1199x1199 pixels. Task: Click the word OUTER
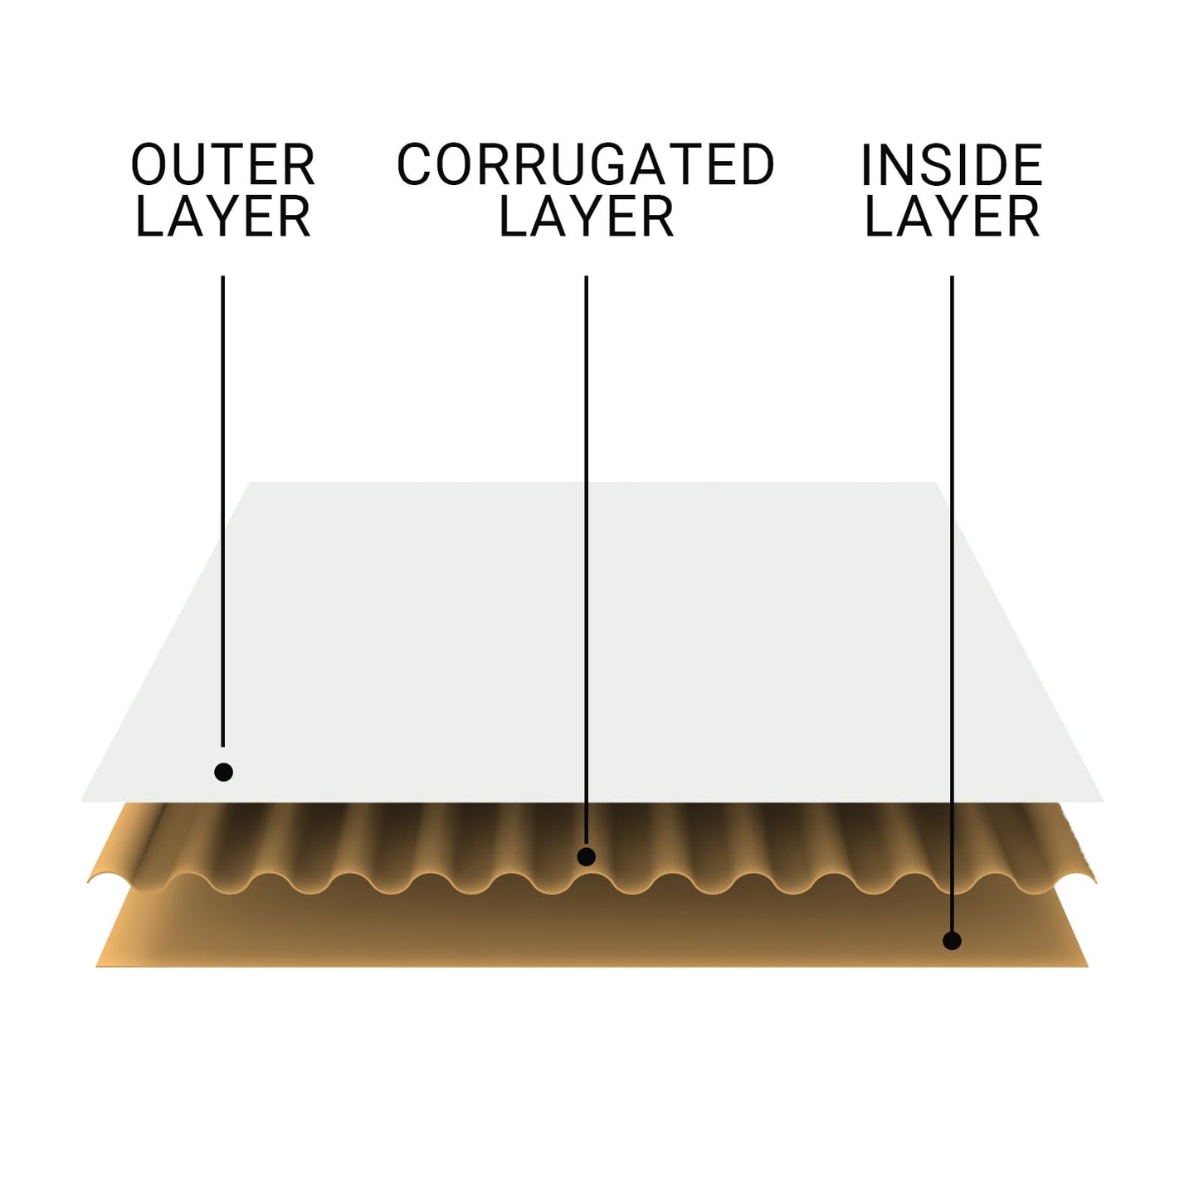222,164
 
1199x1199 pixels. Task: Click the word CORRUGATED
586,164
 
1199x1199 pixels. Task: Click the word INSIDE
952,164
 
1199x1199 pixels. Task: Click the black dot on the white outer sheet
223,773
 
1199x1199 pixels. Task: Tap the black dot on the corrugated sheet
586,857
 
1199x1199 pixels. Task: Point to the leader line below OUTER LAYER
222,511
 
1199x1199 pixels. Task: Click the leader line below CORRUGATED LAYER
586,561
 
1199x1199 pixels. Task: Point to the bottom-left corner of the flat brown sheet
95,967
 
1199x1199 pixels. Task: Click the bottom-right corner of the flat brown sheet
1089,967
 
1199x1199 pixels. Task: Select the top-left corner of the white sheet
251,482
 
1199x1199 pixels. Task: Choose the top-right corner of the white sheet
935,482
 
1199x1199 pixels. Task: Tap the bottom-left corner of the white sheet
80,802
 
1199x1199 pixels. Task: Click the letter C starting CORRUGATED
414,164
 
